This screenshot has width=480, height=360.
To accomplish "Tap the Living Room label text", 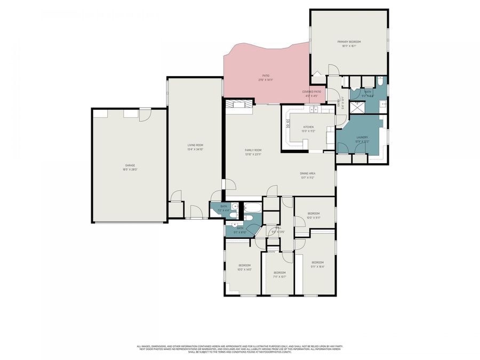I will (195, 145).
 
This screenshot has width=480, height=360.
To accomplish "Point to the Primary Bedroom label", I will (349, 42).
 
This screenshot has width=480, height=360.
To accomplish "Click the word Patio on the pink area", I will (265, 76).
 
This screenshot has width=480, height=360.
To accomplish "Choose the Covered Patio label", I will (311, 92).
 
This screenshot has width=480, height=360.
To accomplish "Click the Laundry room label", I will (362, 137).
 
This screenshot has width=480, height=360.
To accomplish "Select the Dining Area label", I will (307, 173).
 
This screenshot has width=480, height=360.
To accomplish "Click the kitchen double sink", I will (313, 110).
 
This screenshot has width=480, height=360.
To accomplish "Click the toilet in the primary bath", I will (380, 82).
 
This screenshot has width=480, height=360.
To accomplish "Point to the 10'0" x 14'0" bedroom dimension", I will (244, 269).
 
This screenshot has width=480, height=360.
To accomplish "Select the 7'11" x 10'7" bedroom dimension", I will (279, 277).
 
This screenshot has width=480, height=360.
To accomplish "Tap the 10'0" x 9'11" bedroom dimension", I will (314, 218).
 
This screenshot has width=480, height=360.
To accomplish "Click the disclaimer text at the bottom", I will (239, 348).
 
